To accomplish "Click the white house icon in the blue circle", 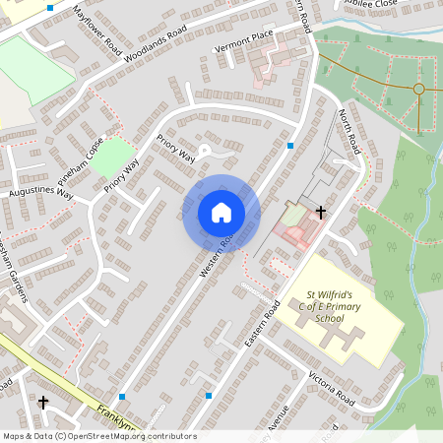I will (x=221, y=212).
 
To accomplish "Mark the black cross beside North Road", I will (x=320, y=212).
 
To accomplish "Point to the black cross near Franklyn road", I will (x=42, y=402).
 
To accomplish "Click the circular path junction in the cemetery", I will (x=418, y=90).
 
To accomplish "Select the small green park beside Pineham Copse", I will (x=116, y=156).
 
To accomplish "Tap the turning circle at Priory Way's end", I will (x=205, y=151).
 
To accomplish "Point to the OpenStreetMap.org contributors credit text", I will (x=131, y=436).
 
